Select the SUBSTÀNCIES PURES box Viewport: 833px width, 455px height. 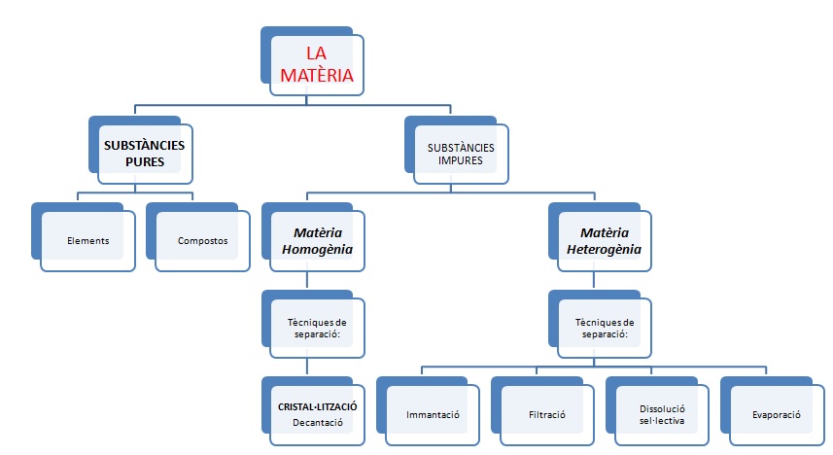[144, 153]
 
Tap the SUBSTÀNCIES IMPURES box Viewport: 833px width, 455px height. [461, 153]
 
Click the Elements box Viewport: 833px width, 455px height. [88, 239]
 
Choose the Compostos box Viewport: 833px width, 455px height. [203, 239]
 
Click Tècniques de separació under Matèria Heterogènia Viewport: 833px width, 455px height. [604, 327]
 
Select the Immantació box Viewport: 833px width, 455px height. [433, 414]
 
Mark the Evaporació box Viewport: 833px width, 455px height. [776, 414]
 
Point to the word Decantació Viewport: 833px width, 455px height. [317, 423]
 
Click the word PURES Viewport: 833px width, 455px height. [144, 161]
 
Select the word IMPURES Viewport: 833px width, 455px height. [461, 160]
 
